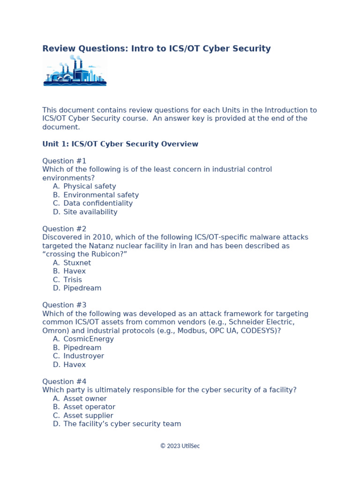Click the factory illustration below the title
[x=75, y=70]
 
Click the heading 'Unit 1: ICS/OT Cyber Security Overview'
[x=120, y=144]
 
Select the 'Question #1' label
[x=64, y=161]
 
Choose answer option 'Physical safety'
[x=90, y=186]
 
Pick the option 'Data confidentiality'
[x=98, y=203]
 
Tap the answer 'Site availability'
[x=90, y=212]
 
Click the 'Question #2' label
[x=64, y=229]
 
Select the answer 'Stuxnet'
[x=77, y=262]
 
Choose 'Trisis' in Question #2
[x=73, y=280]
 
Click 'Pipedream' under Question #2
[x=82, y=288]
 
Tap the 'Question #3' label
[x=64, y=305]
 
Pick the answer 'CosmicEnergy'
[x=89, y=339]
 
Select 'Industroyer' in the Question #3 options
[x=84, y=356]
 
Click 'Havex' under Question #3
[x=75, y=364]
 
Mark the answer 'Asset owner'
[x=85, y=398]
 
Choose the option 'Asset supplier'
[x=88, y=415]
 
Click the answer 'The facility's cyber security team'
[x=122, y=424]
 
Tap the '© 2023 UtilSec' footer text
[x=180, y=446]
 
